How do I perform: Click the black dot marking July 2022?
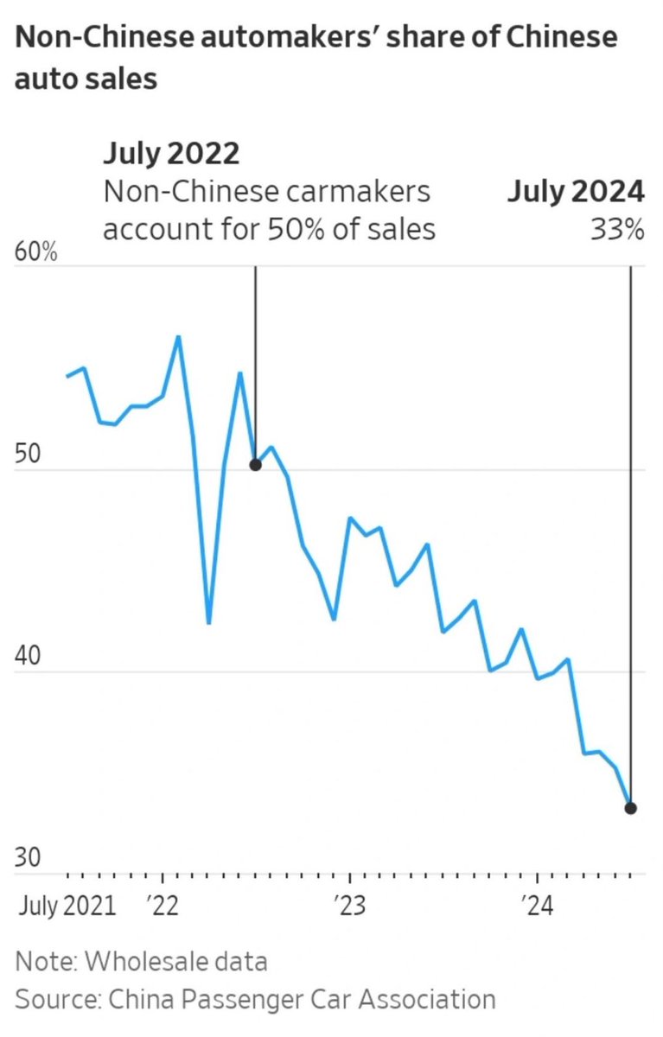tap(255, 465)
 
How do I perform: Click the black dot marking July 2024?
tap(631, 808)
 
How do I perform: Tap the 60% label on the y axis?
tap(36, 255)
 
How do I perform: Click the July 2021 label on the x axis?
tap(67, 907)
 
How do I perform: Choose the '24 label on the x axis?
tap(536, 907)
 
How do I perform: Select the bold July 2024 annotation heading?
tap(575, 191)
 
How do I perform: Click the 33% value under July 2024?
tap(617, 230)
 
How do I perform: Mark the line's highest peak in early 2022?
tap(178, 337)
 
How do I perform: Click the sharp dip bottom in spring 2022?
tap(209, 623)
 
